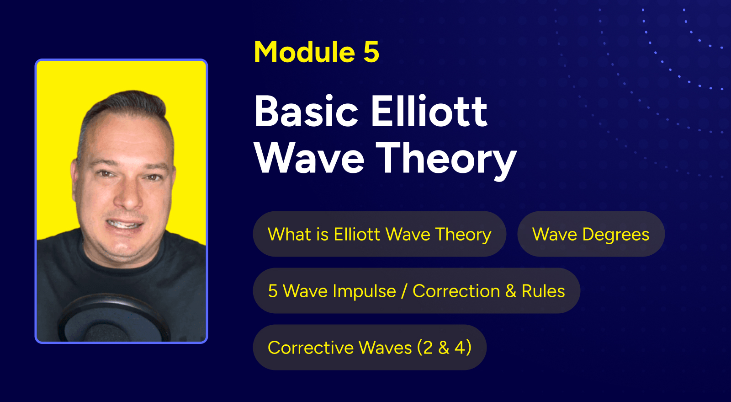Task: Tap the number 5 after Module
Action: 371,52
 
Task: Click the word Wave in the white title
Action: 309,158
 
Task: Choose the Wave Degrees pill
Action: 591,234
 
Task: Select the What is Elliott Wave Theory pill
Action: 380,234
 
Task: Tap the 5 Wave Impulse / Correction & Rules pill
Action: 416,291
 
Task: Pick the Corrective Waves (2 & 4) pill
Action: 370,347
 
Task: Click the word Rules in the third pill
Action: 543,291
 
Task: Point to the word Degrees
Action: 616,235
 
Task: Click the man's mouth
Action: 125,224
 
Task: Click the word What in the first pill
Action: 286,234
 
